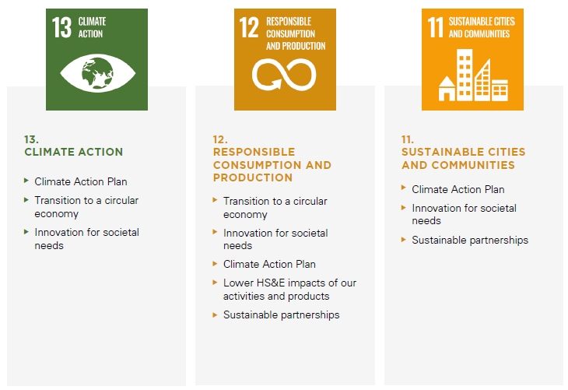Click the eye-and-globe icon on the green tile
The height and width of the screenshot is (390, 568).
97,73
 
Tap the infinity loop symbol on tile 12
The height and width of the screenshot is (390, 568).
284,75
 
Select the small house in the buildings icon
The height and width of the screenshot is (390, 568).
447,89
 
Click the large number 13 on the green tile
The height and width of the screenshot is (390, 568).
61,27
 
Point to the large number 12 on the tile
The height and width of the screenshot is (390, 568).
249,27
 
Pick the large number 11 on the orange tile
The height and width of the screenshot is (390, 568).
436,27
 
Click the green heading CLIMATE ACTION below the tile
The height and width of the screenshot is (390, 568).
74,152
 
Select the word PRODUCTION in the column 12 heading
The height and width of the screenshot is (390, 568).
253,177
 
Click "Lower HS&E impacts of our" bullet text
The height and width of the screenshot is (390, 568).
289,283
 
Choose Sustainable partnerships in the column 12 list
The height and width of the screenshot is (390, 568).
282,314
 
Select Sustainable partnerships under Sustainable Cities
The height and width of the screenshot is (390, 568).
470,240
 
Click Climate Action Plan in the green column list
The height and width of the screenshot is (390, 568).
81,181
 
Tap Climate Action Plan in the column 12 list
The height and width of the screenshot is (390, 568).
269,264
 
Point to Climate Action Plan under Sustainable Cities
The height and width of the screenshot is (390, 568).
458,189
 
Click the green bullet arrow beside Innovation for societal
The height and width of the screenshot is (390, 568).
26,232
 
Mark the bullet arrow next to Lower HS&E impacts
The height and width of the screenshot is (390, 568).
215,282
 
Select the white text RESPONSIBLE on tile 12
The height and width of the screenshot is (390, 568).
289,21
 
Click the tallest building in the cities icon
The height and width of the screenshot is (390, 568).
465,75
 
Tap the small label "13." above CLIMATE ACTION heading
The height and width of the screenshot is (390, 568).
31,139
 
